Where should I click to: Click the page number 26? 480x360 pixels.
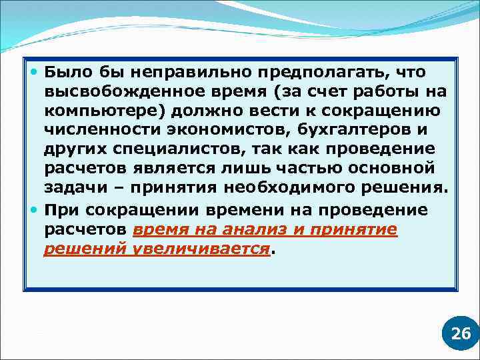click(x=461, y=334)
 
